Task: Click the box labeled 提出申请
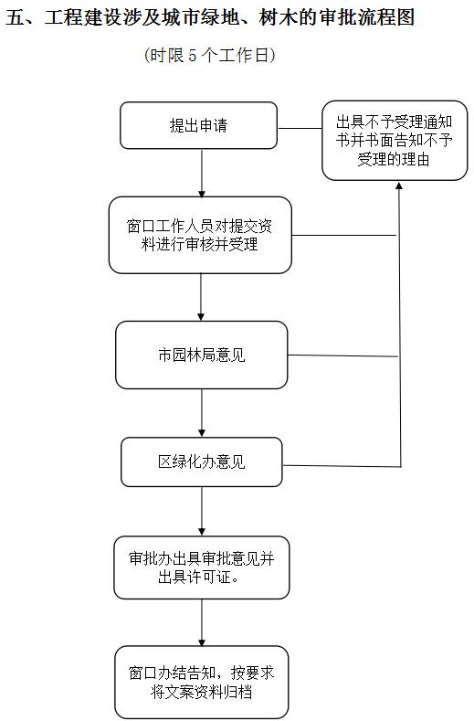198,125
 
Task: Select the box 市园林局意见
201,355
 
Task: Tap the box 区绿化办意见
201,462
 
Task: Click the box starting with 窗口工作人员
200,235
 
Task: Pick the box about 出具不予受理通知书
395,141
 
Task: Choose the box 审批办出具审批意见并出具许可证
201,567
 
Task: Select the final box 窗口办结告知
201,682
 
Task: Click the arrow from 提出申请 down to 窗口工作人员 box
201,174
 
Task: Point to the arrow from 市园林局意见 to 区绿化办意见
201,413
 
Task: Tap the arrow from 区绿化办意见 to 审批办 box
201,512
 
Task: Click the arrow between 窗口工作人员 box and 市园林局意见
201,298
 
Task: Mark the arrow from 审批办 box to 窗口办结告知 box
201,622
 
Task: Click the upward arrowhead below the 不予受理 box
399,186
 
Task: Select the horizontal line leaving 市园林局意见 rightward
343,355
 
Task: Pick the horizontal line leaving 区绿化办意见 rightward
342,466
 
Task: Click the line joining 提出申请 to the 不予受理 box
300,128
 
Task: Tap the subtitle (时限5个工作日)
210,55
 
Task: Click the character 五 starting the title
15,18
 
